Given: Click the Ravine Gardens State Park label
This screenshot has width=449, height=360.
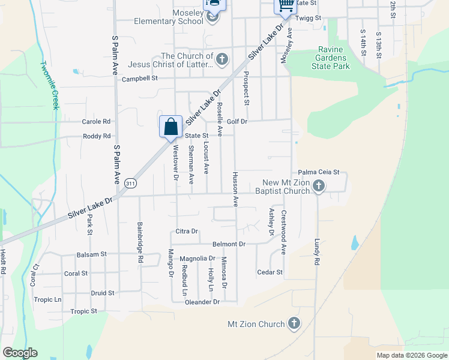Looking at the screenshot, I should [331, 58].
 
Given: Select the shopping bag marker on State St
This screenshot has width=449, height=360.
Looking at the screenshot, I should [170, 127].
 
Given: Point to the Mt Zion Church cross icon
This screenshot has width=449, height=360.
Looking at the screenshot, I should [294, 324].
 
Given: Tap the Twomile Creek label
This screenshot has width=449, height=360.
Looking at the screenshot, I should [49, 85].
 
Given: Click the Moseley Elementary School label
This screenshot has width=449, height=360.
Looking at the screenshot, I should [170, 16].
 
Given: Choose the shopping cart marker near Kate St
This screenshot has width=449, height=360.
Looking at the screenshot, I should [286, 5].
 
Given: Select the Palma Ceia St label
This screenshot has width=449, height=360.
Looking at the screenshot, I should [319, 172].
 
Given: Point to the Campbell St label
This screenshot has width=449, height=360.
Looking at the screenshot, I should [139, 79].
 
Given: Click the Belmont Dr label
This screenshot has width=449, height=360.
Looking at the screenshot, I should [229, 244].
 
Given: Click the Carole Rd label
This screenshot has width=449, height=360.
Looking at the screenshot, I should [97, 121].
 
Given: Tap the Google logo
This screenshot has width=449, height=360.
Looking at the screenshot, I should [20, 353].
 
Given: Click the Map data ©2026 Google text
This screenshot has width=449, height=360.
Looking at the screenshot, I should [412, 355].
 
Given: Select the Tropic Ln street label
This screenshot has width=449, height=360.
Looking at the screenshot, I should [47, 299].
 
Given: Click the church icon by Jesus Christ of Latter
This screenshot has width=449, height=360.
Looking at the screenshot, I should [222, 59].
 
